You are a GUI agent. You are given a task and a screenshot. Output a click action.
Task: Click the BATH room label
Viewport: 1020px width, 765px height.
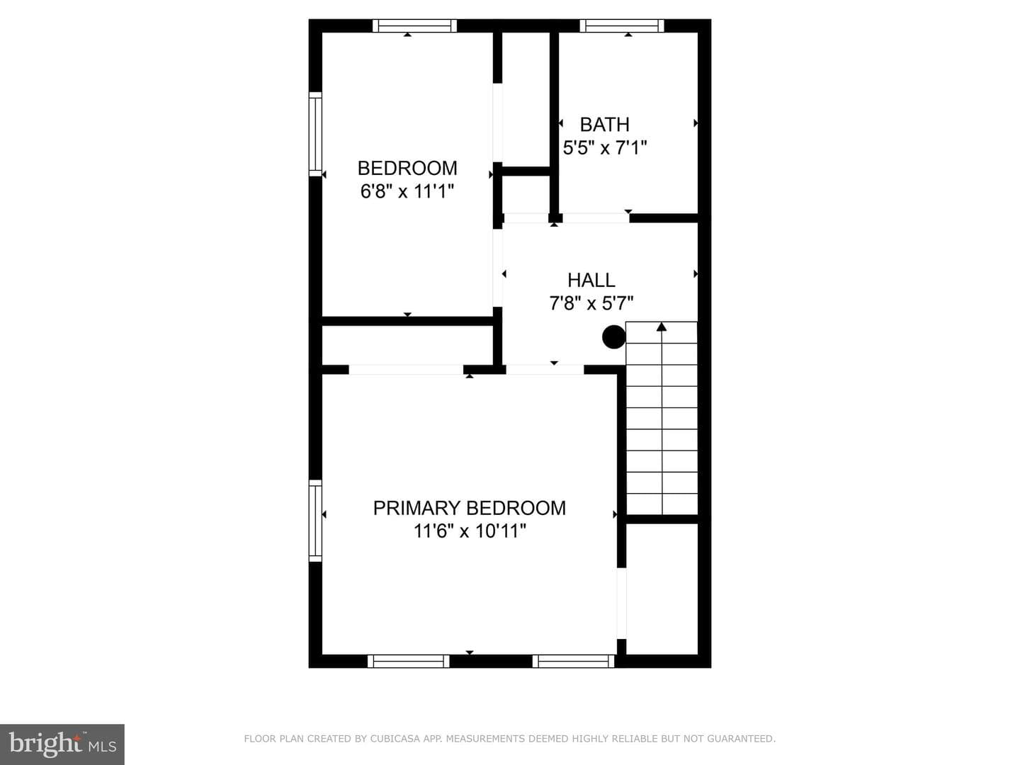(x=605, y=125)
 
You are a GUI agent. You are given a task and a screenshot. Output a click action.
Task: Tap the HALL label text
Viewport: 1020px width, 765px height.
(x=591, y=280)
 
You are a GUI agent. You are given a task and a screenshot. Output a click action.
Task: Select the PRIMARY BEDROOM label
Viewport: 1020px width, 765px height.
(x=470, y=508)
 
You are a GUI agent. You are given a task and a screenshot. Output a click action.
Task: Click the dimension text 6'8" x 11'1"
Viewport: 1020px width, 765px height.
(x=407, y=191)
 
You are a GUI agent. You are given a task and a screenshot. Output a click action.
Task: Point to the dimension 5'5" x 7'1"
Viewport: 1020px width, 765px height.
(x=605, y=148)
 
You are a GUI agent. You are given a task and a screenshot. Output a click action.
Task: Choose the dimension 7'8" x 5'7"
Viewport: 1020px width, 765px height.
(x=591, y=303)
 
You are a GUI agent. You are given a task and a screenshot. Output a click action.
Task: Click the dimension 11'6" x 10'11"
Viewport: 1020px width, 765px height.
(x=470, y=531)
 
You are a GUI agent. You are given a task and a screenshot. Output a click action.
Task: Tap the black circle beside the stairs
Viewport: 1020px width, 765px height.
(x=614, y=336)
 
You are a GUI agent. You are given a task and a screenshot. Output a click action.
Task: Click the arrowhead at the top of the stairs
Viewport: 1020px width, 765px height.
(x=662, y=327)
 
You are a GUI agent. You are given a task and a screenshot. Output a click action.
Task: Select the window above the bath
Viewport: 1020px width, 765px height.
(x=622, y=26)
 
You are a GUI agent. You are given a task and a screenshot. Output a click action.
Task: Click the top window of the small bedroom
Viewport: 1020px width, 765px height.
(x=414, y=26)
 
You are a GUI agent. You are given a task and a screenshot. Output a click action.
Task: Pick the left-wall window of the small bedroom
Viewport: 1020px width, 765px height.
(x=315, y=135)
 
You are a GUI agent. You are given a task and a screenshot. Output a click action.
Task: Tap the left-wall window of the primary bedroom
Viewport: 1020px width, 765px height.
(x=315, y=521)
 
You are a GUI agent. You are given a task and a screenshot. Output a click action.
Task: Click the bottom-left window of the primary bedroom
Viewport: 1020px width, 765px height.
(x=409, y=661)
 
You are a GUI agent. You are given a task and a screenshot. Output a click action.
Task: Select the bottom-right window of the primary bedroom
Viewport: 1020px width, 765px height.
(x=574, y=661)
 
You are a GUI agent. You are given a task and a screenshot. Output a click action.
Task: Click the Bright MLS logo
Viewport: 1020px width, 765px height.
(x=62, y=744)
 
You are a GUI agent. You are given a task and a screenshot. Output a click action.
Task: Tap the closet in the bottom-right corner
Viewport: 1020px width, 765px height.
(x=662, y=589)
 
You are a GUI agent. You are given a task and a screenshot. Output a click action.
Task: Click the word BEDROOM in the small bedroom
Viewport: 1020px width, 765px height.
(x=407, y=168)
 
